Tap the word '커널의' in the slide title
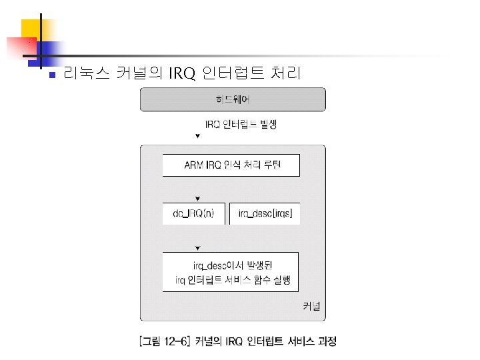pos(138,73)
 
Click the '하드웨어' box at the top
pos(232,100)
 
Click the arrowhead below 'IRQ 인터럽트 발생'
pos(197,137)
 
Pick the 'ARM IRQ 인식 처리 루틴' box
pos(231,165)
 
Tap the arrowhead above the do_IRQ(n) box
pos(197,198)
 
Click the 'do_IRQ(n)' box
pos(193,213)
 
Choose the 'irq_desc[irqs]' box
pos(265,213)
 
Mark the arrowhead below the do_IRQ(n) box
pos(197,248)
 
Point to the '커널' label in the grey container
pos(311,307)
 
